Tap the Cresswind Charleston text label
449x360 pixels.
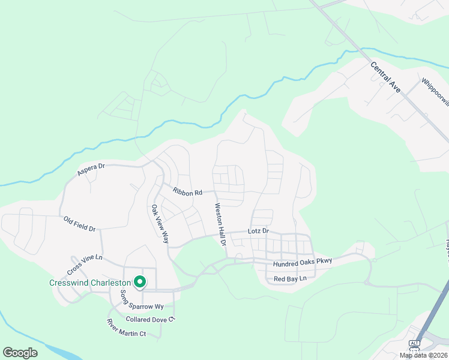(90, 283)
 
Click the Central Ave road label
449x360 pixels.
(385, 77)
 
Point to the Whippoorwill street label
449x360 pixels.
(435, 91)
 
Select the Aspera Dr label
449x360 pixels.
(91, 169)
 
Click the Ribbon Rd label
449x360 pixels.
(186, 191)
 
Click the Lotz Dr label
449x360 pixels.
(259, 231)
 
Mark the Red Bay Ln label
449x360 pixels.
(290, 279)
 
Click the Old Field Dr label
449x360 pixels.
(80, 224)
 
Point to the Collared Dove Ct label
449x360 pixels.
(149, 319)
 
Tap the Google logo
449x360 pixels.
(20, 352)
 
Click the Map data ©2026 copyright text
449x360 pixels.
(423, 355)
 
